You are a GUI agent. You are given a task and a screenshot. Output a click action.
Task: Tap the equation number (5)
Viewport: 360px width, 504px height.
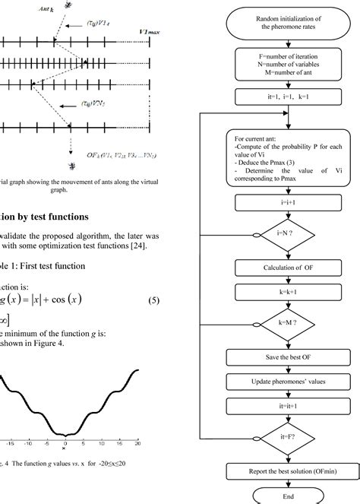click(x=151, y=279)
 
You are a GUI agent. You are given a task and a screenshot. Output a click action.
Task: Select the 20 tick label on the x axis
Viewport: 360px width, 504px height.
click(x=138, y=442)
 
